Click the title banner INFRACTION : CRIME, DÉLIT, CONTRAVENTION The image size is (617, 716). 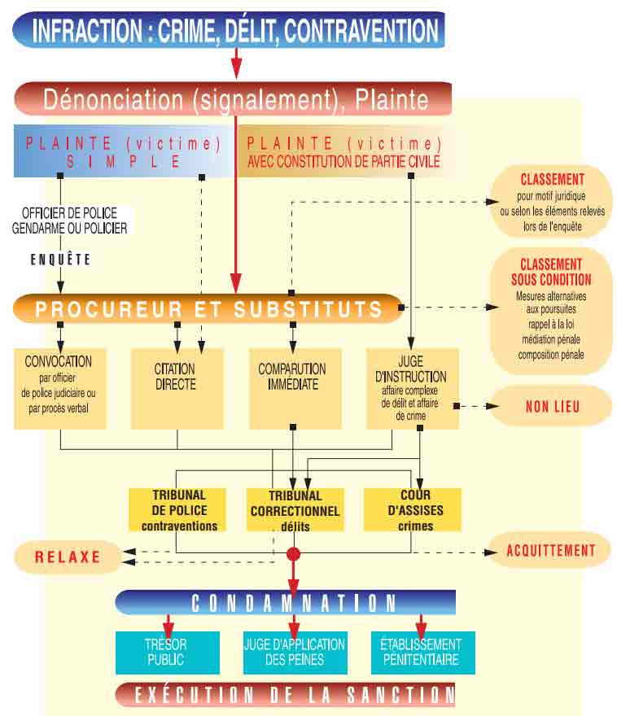click(234, 30)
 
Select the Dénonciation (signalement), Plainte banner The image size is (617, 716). click(234, 99)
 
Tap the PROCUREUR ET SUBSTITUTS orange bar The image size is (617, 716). click(208, 309)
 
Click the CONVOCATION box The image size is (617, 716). click(59, 388)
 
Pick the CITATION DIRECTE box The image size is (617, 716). click(177, 388)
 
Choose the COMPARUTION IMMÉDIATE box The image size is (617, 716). click(294, 388)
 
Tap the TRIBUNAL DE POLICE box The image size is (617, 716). click(178, 509)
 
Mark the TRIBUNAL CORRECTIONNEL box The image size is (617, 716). click(295, 509)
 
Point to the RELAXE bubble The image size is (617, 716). click(67, 557)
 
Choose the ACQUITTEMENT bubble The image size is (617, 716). click(551, 551)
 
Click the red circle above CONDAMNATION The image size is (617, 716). click(294, 554)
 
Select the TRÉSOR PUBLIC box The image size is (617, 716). click(167, 652)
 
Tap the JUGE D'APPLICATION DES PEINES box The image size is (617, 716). click(294, 652)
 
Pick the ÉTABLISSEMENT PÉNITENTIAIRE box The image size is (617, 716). click(422, 652)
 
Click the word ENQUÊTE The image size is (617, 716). click(61, 260)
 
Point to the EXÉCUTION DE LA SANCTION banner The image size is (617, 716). click(285, 694)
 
